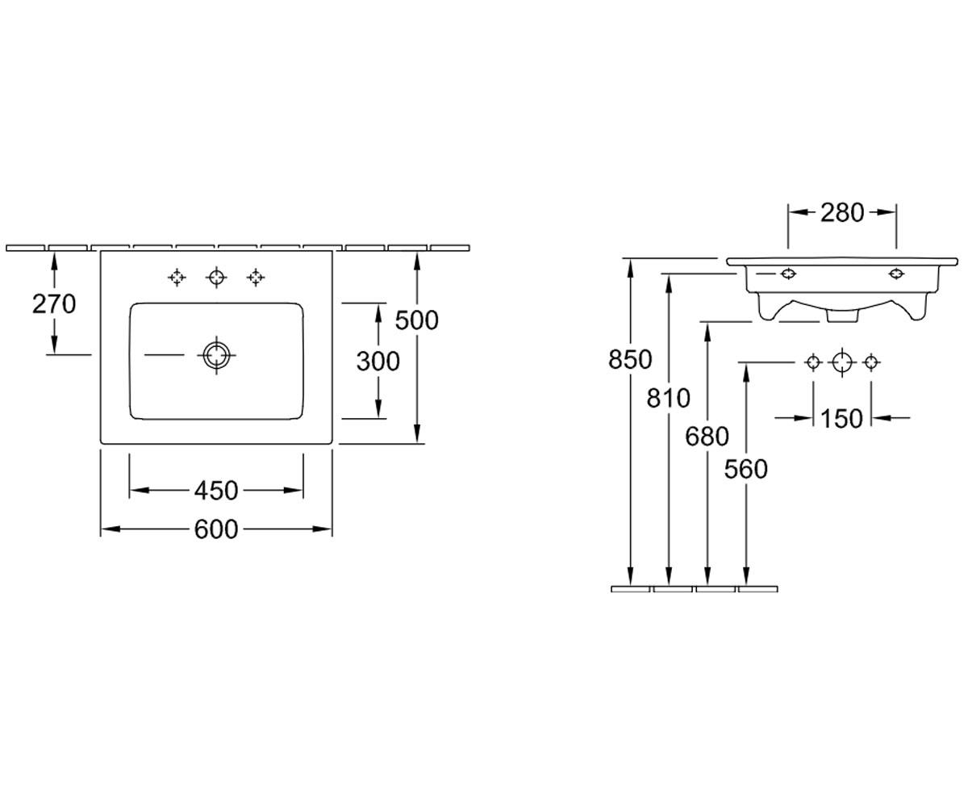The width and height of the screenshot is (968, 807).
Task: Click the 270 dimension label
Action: tap(54, 304)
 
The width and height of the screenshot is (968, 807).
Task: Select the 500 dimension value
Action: tap(416, 320)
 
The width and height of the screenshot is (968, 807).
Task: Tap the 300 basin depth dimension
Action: tap(378, 362)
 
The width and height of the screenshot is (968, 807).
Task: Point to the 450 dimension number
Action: tap(216, 490)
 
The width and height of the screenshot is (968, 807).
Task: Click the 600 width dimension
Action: tap(216, 529)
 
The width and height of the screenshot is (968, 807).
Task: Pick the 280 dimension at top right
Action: tap(842, 213)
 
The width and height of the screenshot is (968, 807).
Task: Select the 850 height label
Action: tap(630, 359)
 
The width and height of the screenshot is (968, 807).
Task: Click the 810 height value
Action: tap(669, 398)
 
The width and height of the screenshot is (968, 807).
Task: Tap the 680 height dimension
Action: tap(707, 437)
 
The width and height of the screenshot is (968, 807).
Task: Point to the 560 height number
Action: tap(746, 469)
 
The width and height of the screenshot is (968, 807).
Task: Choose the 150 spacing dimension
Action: tap(841, 419)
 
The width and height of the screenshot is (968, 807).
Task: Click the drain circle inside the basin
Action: tap(216, 355)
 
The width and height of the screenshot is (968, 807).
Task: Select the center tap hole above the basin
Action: tap(216, 278)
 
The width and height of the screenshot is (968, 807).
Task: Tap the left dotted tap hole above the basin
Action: tap(177, 278)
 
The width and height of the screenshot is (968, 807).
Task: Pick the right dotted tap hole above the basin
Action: tap(256, 278)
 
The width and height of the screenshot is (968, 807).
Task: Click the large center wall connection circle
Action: tap(842, 362)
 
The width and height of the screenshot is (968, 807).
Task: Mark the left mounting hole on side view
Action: tap(787, 274)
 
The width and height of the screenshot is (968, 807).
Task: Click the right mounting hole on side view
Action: tap(896, 274)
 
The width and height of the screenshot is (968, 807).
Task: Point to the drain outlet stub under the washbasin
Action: tap(842, 316)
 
